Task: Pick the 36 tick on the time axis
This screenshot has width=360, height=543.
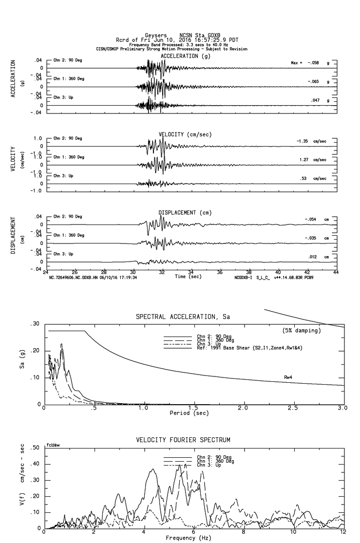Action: [220, 272]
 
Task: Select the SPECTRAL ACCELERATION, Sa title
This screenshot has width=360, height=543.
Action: [183, 317]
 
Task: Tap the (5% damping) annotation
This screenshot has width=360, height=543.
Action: [302, 331]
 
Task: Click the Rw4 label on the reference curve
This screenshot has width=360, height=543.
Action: [288, 377]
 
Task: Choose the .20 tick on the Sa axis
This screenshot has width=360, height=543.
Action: [34, 351]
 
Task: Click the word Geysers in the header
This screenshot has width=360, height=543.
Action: [155, 36]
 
